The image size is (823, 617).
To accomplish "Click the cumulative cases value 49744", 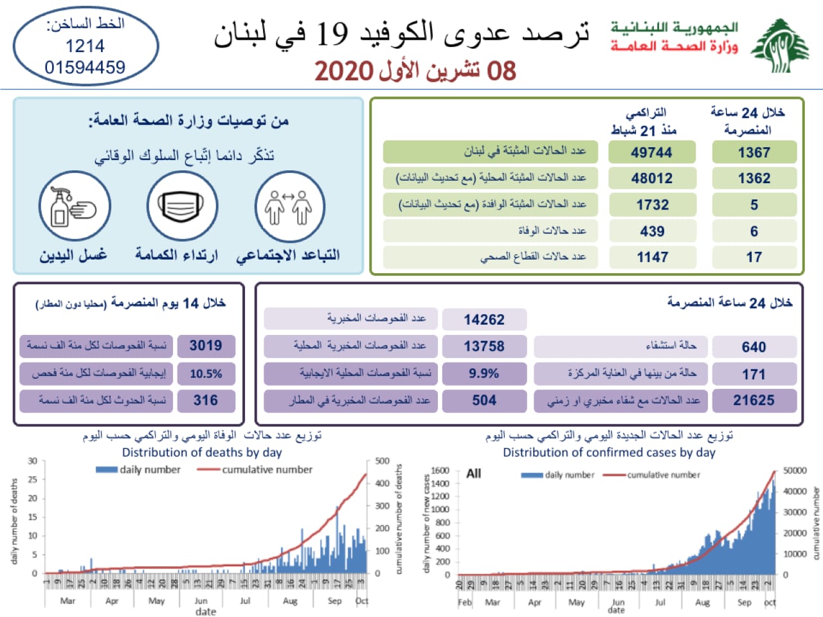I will (x=652, y=152).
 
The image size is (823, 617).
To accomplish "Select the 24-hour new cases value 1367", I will (x=754, y=152).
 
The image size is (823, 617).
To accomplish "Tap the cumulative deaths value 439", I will (x=652, y=231).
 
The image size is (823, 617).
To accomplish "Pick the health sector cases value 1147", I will (x=652, y=257).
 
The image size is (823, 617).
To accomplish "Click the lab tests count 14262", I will (x=484, y=319).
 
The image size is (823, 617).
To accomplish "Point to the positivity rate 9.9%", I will (x=484, y=373).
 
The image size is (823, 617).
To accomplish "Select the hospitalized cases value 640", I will (x=754, y=347).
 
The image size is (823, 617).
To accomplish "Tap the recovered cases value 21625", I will (x=754, y=400).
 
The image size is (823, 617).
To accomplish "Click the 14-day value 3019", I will (x=206, y=346).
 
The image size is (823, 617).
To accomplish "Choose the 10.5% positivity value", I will (x=206, y=373).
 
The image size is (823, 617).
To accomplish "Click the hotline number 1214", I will (x=85, y=46).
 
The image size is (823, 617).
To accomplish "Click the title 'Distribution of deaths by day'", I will (x=202, y=452).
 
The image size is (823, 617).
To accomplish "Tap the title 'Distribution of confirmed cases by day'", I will (x=609, y=452).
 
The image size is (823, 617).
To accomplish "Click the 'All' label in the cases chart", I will (x=474, y=474).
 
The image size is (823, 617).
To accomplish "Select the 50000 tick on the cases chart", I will (x=795, y=470).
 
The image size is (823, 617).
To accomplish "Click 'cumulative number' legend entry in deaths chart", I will (x=267, y=470).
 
